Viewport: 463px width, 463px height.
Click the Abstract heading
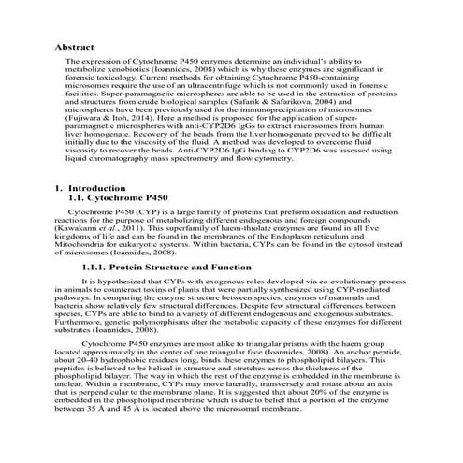coord(75,45)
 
